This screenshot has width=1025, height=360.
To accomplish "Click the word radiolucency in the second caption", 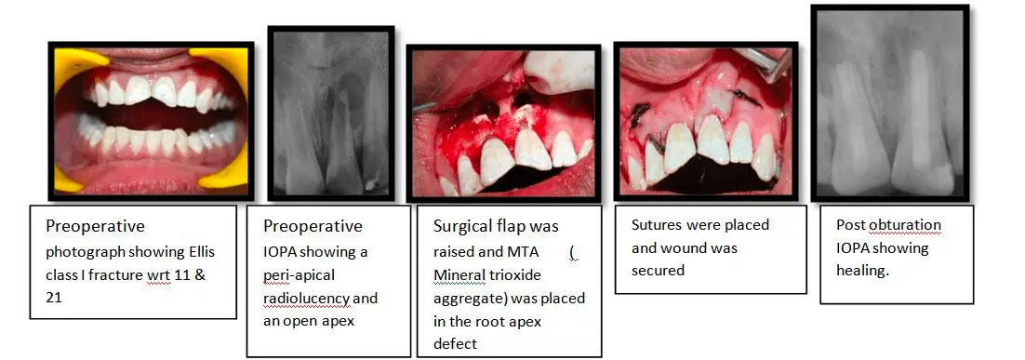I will click(303, 299).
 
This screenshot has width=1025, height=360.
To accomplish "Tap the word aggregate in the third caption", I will click(468, 299).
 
